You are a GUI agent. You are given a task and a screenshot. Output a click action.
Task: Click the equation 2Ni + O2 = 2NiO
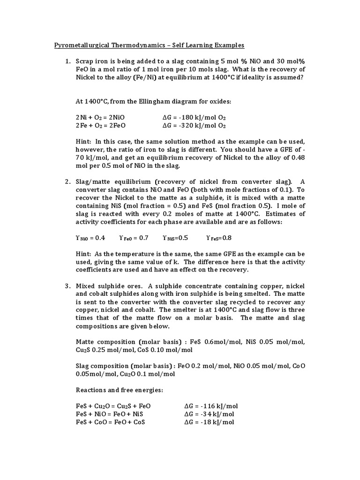click(100, 118)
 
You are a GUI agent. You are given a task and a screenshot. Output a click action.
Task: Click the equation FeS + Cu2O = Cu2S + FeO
click(113, 406)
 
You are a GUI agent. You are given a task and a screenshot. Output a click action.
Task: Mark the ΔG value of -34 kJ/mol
click(210, 414)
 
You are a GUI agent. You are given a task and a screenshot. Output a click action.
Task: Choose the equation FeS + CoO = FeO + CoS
click(110, 422)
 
